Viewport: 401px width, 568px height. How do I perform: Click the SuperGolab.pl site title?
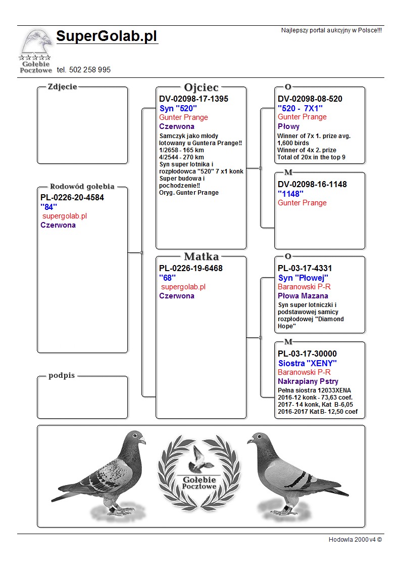click(107, 36)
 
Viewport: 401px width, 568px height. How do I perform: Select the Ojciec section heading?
click(201, 88)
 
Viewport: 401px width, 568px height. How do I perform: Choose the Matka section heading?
click(201, 256)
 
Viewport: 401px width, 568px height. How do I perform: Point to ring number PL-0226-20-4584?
click(72, 197)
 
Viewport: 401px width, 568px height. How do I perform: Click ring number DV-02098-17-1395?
click(193, 99)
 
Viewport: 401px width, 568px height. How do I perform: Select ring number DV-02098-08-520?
click(310, 99)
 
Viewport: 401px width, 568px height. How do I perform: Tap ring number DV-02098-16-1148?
click(312, 185)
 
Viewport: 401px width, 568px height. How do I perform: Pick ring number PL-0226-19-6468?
click(191, 268)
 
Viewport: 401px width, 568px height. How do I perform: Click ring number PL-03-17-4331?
click(305, 268)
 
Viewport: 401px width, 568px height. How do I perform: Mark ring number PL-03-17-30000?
click(307, 354)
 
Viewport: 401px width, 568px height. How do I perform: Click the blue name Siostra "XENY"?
click(307, 363)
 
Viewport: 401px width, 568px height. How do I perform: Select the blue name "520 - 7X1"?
click(300, 108)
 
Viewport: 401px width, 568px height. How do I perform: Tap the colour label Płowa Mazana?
click(303, 296)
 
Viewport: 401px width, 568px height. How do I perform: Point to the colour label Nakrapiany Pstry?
click(308, 381)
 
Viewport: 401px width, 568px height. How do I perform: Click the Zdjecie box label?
click(62, 86)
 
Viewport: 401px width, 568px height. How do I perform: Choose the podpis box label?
click(62, 375)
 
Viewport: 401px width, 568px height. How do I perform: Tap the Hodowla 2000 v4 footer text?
click(355, 539)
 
